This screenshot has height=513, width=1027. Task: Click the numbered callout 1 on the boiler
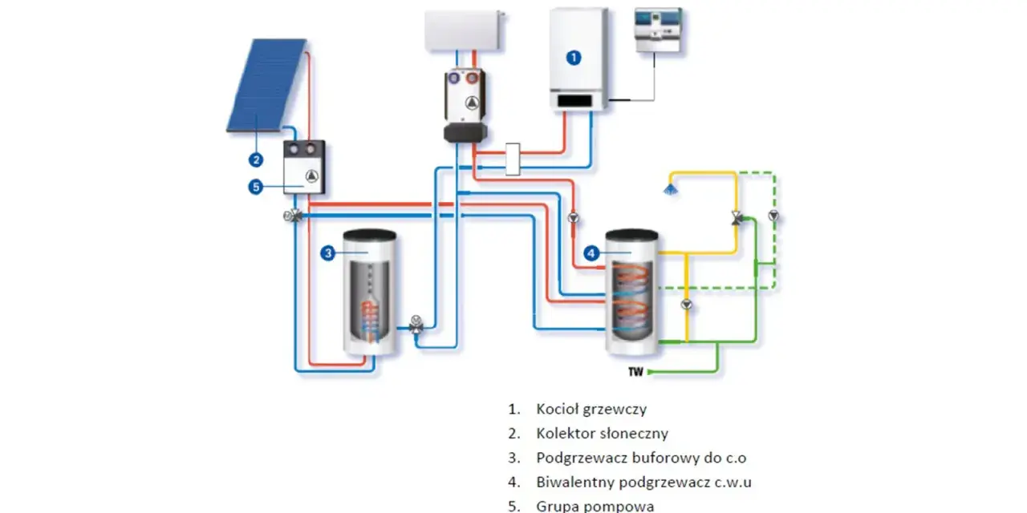pyautogui.click(x=574, y=58)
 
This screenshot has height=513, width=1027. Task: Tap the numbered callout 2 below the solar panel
pyautogui.click(x=256, y=160)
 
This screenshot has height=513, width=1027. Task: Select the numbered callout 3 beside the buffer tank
pyautogui.click(x=328, y=252)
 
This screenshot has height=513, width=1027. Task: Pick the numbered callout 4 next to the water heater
pyautogui.click(x=591, y=252)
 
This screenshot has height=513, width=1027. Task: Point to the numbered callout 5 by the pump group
pyautogui.click(x=256, y=187)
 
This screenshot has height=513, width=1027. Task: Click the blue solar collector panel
pyautogui.click(x=267, y=85)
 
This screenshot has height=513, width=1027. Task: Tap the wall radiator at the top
pyautogui.click(x=464, y=30)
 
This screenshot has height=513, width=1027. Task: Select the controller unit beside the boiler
pyautogui.click(x=658, y=30)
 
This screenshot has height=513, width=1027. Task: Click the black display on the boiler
pyautogui.click(x=574, y=100)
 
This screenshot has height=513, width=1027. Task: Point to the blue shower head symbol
pyautogui.click(x=670, y=189)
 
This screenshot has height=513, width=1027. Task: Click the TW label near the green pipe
pyautogui.click(x=636, y=371)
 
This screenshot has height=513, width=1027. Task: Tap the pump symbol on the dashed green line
pyautogui.click(x=773, y=216)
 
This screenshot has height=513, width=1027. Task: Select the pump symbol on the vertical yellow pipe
pyautogui.click(x=686, y=304)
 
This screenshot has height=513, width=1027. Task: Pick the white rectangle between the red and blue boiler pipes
pyautogui.click(x=513, y=159)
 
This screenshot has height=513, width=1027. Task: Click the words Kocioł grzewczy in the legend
pyautogui.click(x=591, y=409)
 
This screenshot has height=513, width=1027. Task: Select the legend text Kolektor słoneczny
pyautogui.click(x=602, y=434)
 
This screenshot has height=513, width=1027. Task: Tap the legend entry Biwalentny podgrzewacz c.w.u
pyautogui.click(x=643, y=482)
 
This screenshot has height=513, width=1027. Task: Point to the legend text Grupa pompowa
pyautogui.click(x=595, y=506)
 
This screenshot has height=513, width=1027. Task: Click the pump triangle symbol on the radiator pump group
pyautogui.click(x=472, y=103)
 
